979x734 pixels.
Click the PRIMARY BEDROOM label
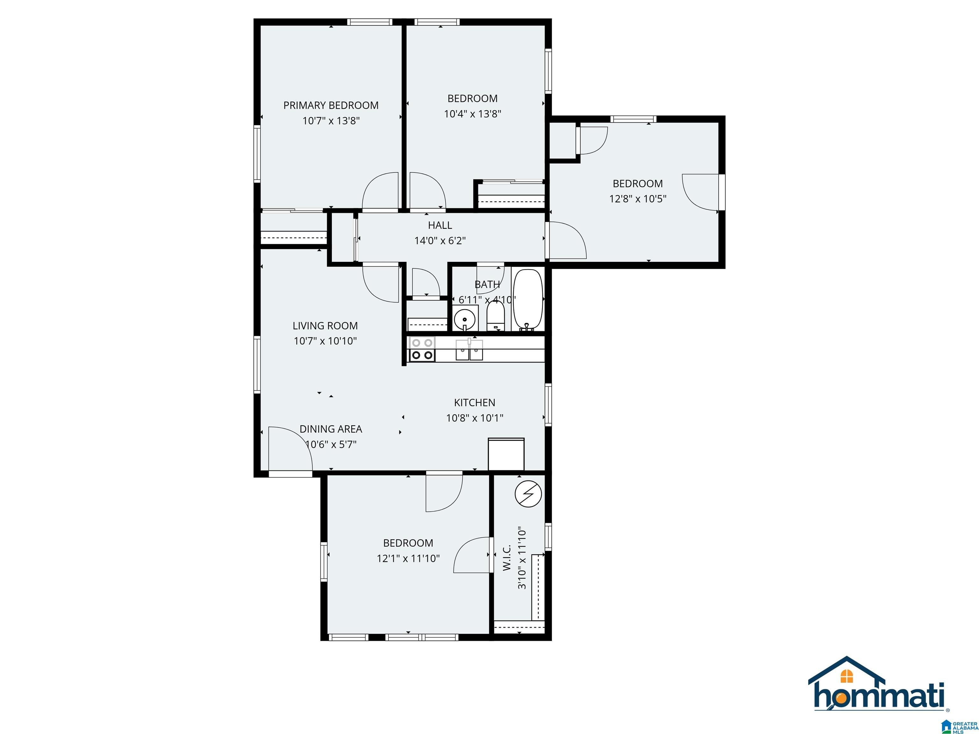[x=331, y=105]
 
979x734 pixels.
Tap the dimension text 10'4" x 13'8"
[x=473, y=114]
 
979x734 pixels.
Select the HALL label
[x=440, y=225]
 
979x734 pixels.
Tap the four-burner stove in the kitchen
[x=422, y=349]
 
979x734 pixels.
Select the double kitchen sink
[x=469, y=349]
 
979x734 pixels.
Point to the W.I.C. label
[x=507, y=558]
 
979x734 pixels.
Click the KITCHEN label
[x=475, y=403]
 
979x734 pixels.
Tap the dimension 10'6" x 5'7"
[x=331, y=444]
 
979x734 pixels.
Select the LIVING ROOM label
[x=325, y=326]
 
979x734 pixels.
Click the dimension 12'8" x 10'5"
[x=638, y=199]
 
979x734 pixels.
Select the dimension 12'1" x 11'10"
[x=408, y=558]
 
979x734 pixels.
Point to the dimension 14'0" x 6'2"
[x=440, y=241]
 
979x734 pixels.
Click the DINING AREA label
[x=331, y=429]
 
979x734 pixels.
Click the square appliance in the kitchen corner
[x=506, y=454]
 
